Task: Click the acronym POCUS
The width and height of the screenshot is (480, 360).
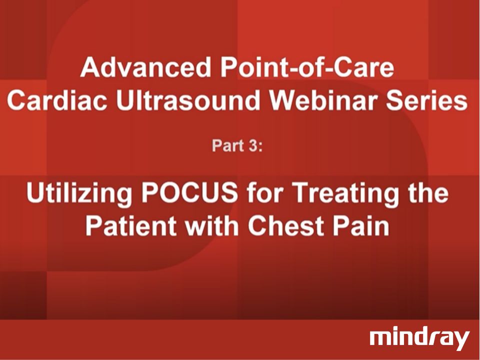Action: point(197,194)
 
